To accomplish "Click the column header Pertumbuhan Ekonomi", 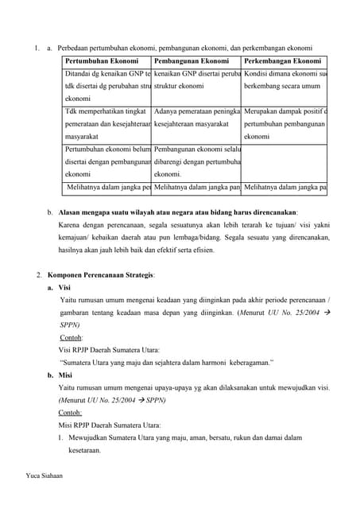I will point(102,61).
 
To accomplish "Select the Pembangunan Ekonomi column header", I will point(192,61).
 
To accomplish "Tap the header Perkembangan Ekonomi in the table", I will point(282,61).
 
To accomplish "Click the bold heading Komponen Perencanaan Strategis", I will point(99,275).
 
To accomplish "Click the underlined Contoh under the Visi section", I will point(72,338).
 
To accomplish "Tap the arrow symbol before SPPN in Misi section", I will point(141,400).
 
